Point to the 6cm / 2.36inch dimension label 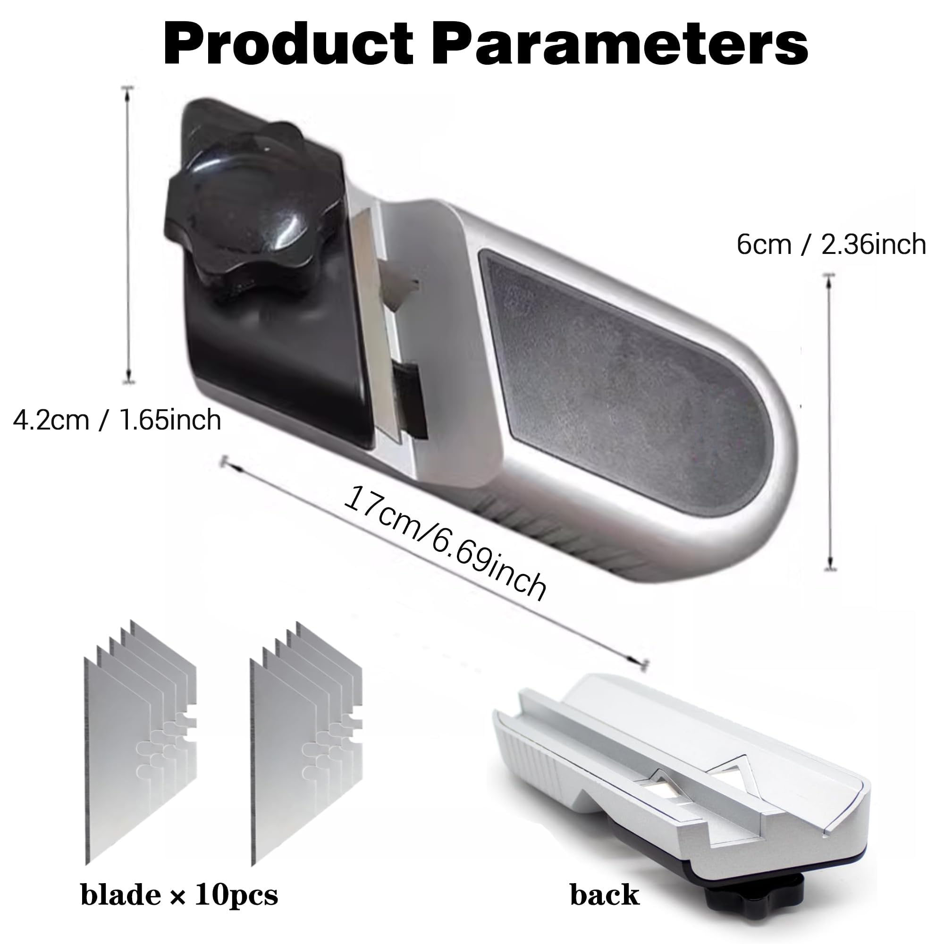pyautogui.click(x=831, y=244)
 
